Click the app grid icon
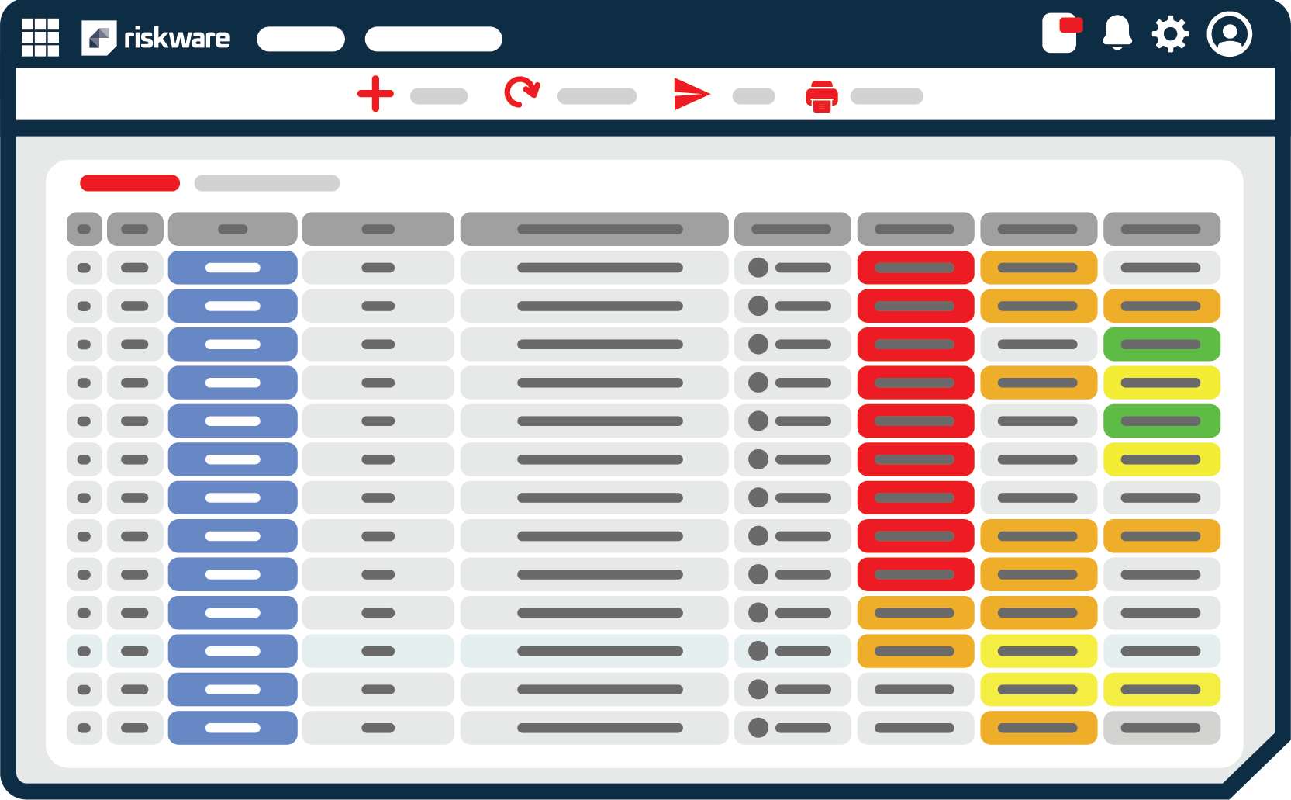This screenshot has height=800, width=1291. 40,37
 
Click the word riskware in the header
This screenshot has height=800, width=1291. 177,38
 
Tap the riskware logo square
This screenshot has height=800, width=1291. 98,38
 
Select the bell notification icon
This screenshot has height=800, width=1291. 1117,33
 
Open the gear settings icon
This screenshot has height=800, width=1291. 1170,34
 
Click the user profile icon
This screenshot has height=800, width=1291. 1229,34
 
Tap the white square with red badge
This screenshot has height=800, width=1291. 1060,33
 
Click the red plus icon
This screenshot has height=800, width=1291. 375,94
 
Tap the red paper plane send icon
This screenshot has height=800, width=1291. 691,94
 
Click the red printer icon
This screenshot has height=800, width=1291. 822,96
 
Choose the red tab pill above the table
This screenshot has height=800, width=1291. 129,183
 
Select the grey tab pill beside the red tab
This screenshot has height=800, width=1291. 267,183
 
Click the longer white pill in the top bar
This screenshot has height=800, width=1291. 433,39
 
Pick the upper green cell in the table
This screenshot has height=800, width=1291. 1162,345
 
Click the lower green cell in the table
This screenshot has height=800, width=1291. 1162,421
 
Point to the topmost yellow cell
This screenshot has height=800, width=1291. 1162,383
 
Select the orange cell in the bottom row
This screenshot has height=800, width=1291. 1038,728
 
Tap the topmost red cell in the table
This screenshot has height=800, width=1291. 915,268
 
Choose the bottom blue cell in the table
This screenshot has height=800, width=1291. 233,728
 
